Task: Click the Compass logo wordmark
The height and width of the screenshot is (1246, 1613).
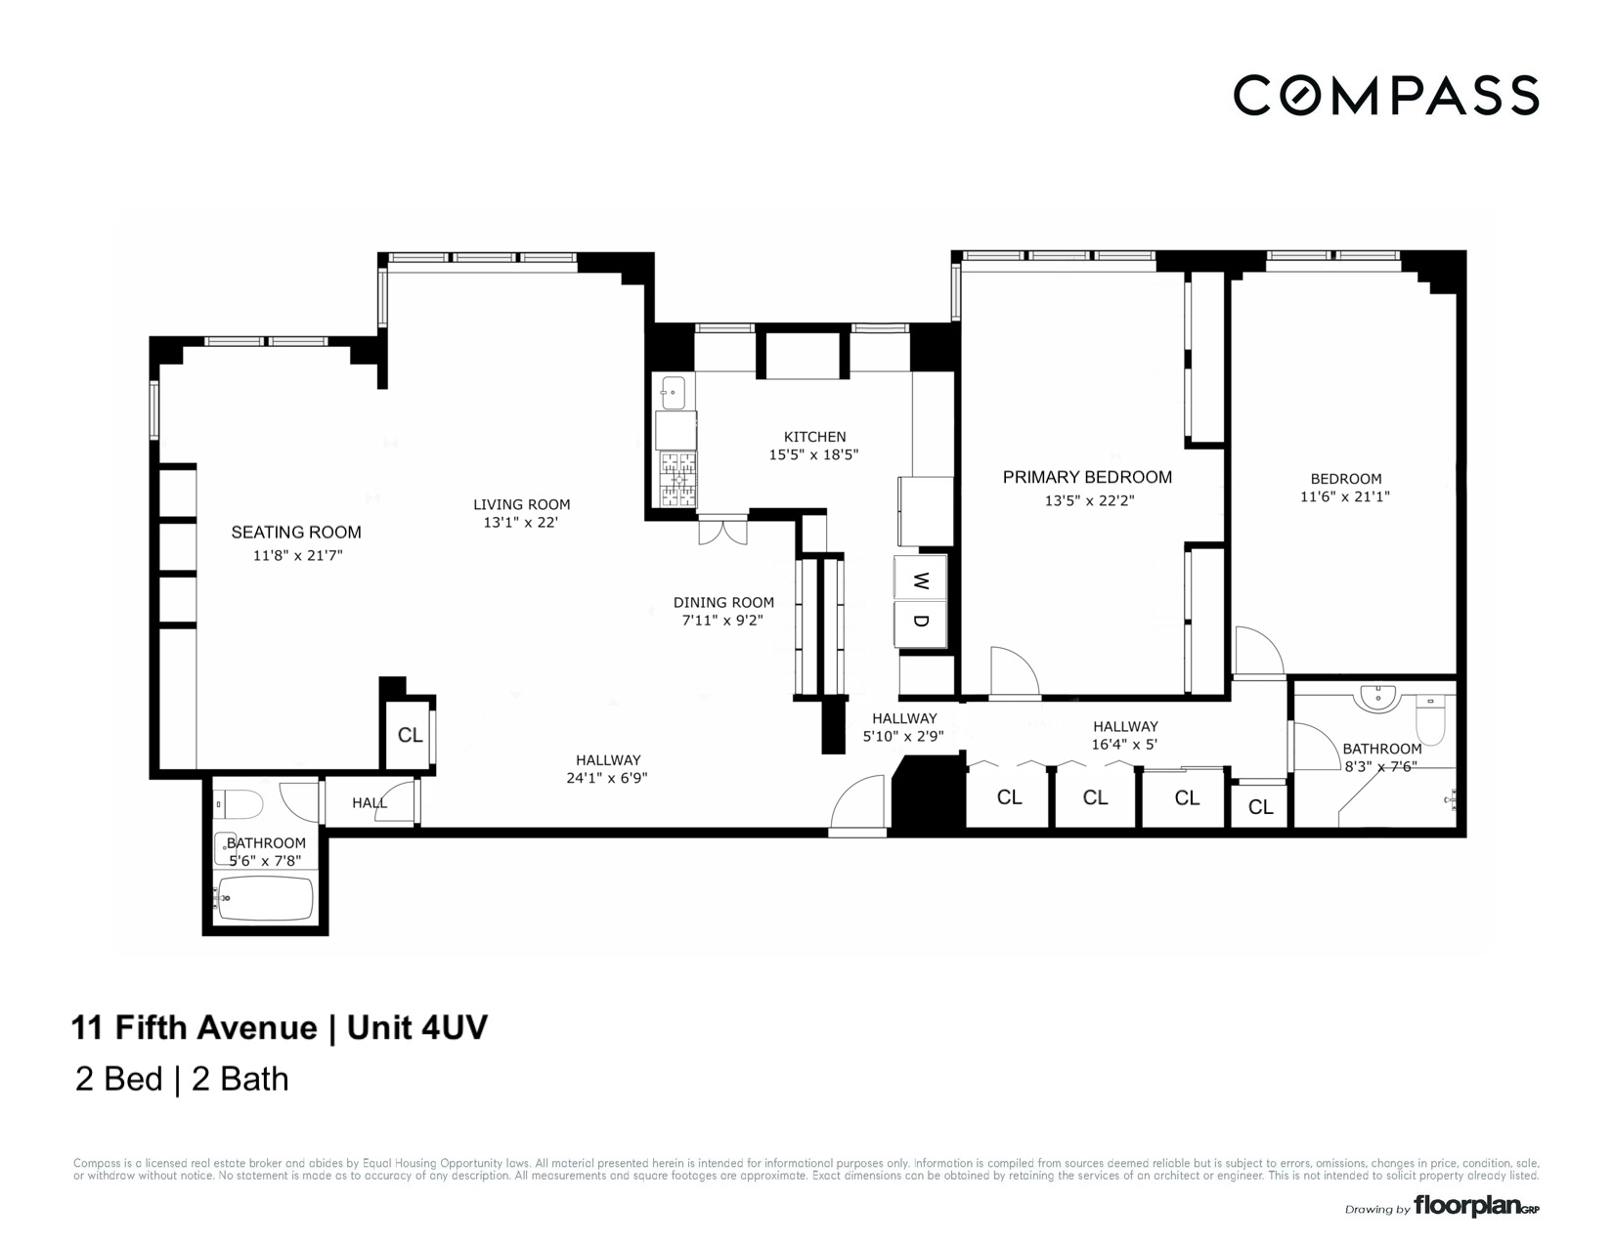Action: (x=1385, y=95)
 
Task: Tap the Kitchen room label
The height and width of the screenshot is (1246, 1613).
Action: (x=814, y=437)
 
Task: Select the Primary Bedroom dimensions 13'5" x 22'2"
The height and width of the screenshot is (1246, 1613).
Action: (x=1089, y=500)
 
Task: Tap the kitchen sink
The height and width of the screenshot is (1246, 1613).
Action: (x=674, y=393)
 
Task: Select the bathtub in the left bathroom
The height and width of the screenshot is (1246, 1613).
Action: (x=265, y=897)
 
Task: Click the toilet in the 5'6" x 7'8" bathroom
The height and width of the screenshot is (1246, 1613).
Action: (x=239, y=805)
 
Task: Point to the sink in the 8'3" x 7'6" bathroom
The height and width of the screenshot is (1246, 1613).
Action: (x=1376, y=697)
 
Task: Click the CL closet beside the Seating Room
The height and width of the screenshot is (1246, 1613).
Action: (x=410, y=735)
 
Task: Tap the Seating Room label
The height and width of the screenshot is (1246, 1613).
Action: (x=296, y=533)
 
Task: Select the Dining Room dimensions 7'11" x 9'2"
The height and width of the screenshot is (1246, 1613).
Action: (x=722, y=621)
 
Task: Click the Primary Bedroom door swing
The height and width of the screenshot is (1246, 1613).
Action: (x=1013, y=673)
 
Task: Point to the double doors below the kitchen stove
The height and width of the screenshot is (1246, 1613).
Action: (x=722, y=533)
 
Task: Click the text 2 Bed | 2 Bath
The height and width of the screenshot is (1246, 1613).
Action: (x=182, y=1079)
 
